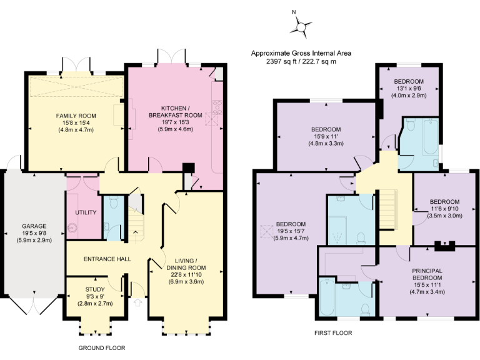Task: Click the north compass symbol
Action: click(x=302, y=26)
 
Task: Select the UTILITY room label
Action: click(x=86, y=212)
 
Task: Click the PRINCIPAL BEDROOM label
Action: click(x=427, y=274)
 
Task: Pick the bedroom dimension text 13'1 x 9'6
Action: click(x=409, y=88)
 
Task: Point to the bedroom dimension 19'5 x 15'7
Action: click(x=291, y=231)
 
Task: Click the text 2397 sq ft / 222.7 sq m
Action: click(x=301, y=62)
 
